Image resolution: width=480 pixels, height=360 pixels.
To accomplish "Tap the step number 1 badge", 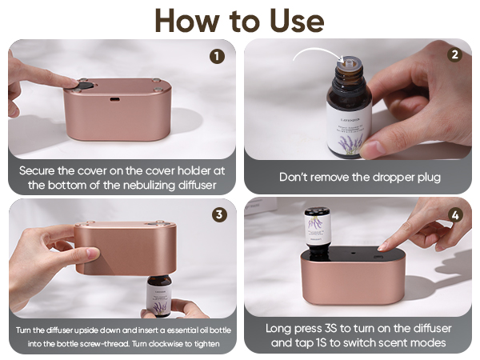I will click(217, 57).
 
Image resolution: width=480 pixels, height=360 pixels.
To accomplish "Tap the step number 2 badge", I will click(454, 56).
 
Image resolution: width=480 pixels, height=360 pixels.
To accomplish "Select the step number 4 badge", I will click(455, 214).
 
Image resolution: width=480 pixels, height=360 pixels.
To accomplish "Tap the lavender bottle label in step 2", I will click(349, 120).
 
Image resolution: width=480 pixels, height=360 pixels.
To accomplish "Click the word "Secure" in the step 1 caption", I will click(40, 171).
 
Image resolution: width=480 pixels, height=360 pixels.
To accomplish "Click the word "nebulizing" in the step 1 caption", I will click(143, 185).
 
